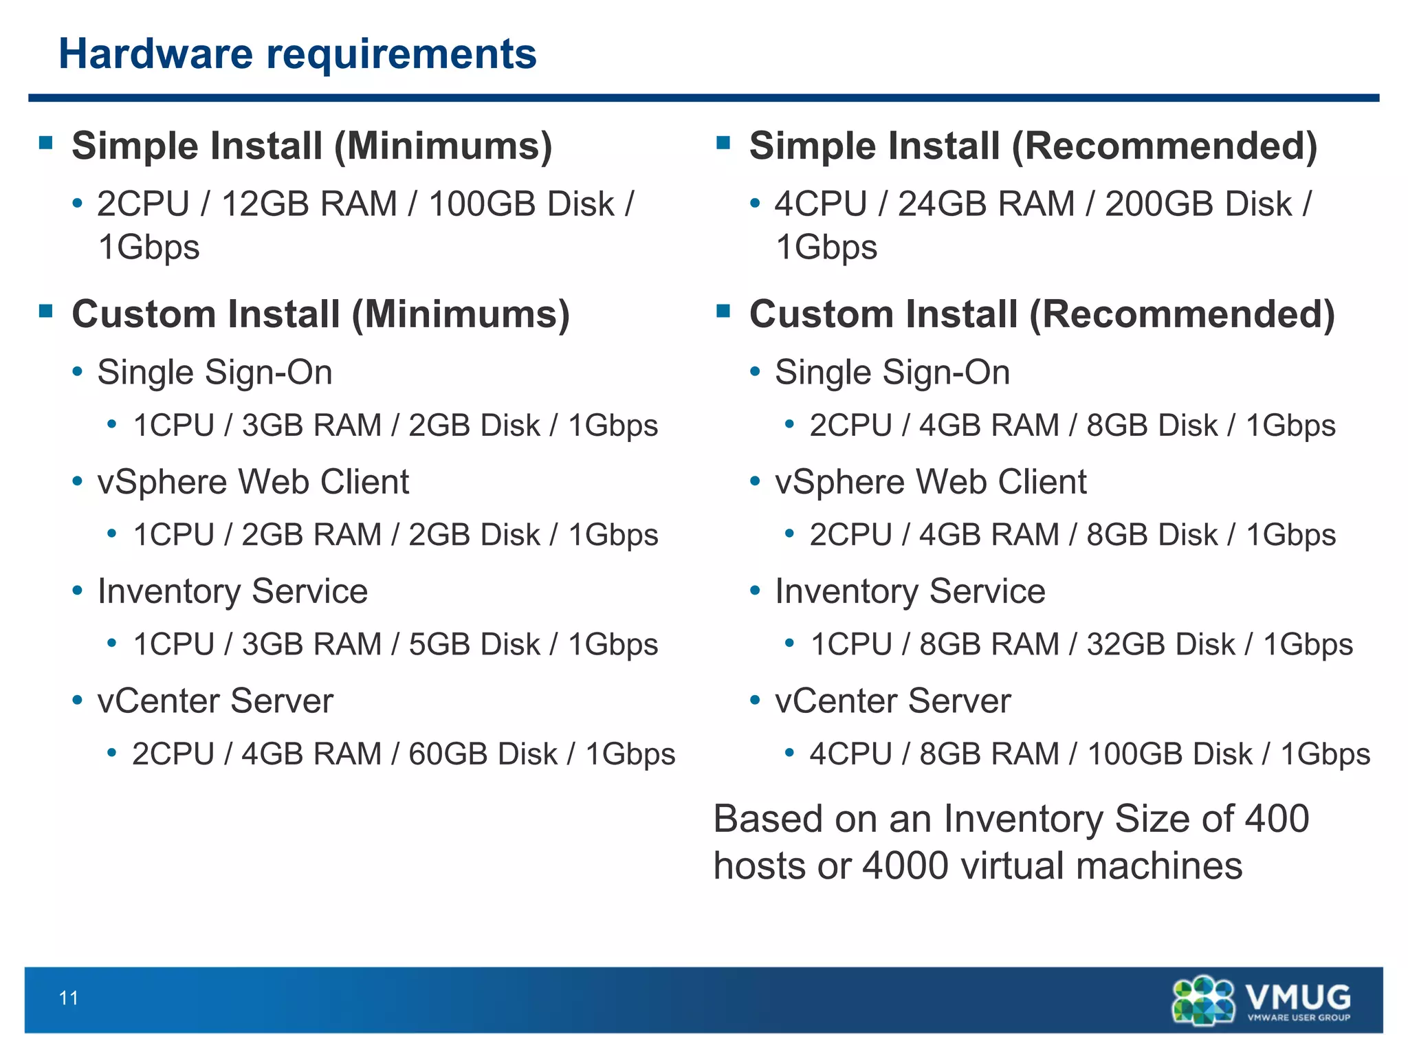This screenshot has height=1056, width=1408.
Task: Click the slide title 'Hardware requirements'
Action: coord(297,54)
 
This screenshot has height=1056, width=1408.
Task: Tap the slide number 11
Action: coord(69,998)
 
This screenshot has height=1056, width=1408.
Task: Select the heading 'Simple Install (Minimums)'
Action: coord(311,146)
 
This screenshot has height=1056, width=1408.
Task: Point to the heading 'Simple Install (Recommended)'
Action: coord(1033,146)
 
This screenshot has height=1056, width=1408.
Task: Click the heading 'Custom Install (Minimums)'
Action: coord(320,314)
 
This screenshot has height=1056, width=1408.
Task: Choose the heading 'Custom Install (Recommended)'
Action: coord(1042,314)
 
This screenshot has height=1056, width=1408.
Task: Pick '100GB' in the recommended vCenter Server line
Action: coord(1134,754)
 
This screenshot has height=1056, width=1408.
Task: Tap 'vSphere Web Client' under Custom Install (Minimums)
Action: coord(253,481)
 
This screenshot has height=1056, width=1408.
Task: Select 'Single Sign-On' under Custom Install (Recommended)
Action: coord(892,373)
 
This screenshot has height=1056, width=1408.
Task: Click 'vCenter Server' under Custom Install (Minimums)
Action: coord(215,701)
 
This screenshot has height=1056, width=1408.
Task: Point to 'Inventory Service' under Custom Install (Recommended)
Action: coord(910,591)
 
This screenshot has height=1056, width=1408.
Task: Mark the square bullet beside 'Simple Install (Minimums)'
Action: coord(46,143)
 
